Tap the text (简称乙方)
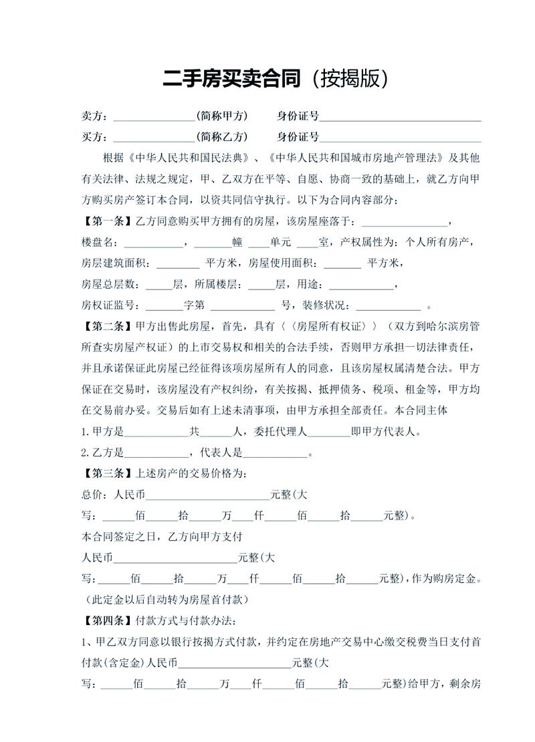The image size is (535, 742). pos(222,138)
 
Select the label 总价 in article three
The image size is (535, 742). pos(93,495)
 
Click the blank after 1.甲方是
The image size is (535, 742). pos(156,433)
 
